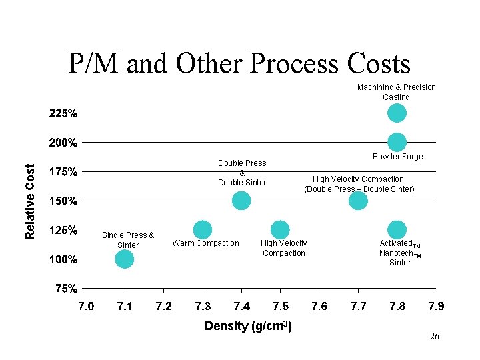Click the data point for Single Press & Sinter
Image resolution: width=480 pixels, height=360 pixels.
[124, 259]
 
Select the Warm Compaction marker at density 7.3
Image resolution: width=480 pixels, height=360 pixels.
[203, 230]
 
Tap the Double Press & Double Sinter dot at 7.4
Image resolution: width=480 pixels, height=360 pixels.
[241, 201]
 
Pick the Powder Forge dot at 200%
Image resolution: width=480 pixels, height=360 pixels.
[397, 142]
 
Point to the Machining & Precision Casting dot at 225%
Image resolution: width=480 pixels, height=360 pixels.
[397, 113]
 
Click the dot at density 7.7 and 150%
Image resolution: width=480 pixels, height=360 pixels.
[358, 201]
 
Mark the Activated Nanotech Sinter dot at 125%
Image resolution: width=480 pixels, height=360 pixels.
[397, 230]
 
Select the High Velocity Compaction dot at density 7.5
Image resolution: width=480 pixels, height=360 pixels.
[280, 230]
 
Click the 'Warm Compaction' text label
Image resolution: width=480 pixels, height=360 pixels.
[205, 243]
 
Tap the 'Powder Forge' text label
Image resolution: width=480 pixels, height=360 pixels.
[397, 157]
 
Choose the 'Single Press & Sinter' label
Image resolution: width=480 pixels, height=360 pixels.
[128, 240]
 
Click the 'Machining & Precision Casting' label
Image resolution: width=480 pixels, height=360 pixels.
[397, 92]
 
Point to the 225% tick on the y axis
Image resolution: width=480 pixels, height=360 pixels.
[63, 113]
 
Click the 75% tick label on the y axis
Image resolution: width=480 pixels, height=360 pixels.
[66, 289]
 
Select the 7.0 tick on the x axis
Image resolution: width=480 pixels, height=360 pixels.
[86, 306]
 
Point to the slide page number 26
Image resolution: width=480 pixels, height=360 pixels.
[435, 337]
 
